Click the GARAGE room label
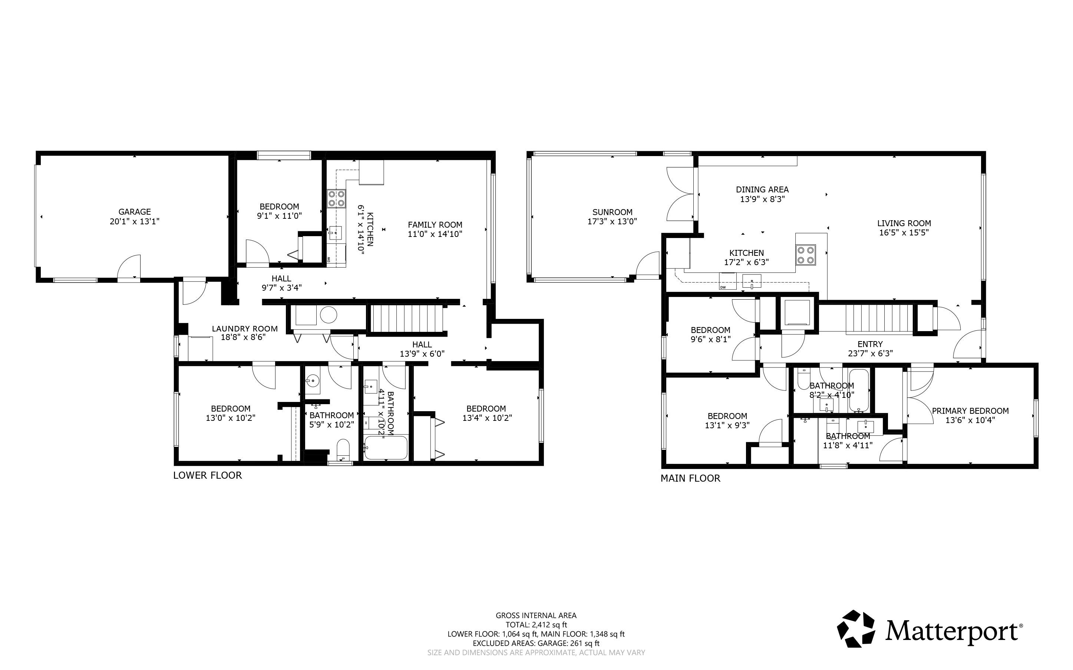point(134,212)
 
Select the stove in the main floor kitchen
point(805,255)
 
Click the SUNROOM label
point(612,212)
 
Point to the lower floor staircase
point(407,318)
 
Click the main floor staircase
point(879,319)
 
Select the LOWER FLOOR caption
point(207,475)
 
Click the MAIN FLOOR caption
point(690,478)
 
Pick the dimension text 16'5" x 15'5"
point(904,232)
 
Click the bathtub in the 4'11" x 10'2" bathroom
point(386,448)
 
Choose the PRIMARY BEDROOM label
point(970,411)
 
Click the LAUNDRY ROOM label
point(245,329)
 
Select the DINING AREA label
point(762,189)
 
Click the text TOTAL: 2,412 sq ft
point(536,625)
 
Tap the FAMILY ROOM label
point(435,225)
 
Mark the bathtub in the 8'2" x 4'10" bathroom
point(859,390)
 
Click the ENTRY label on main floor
point(870,344)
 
